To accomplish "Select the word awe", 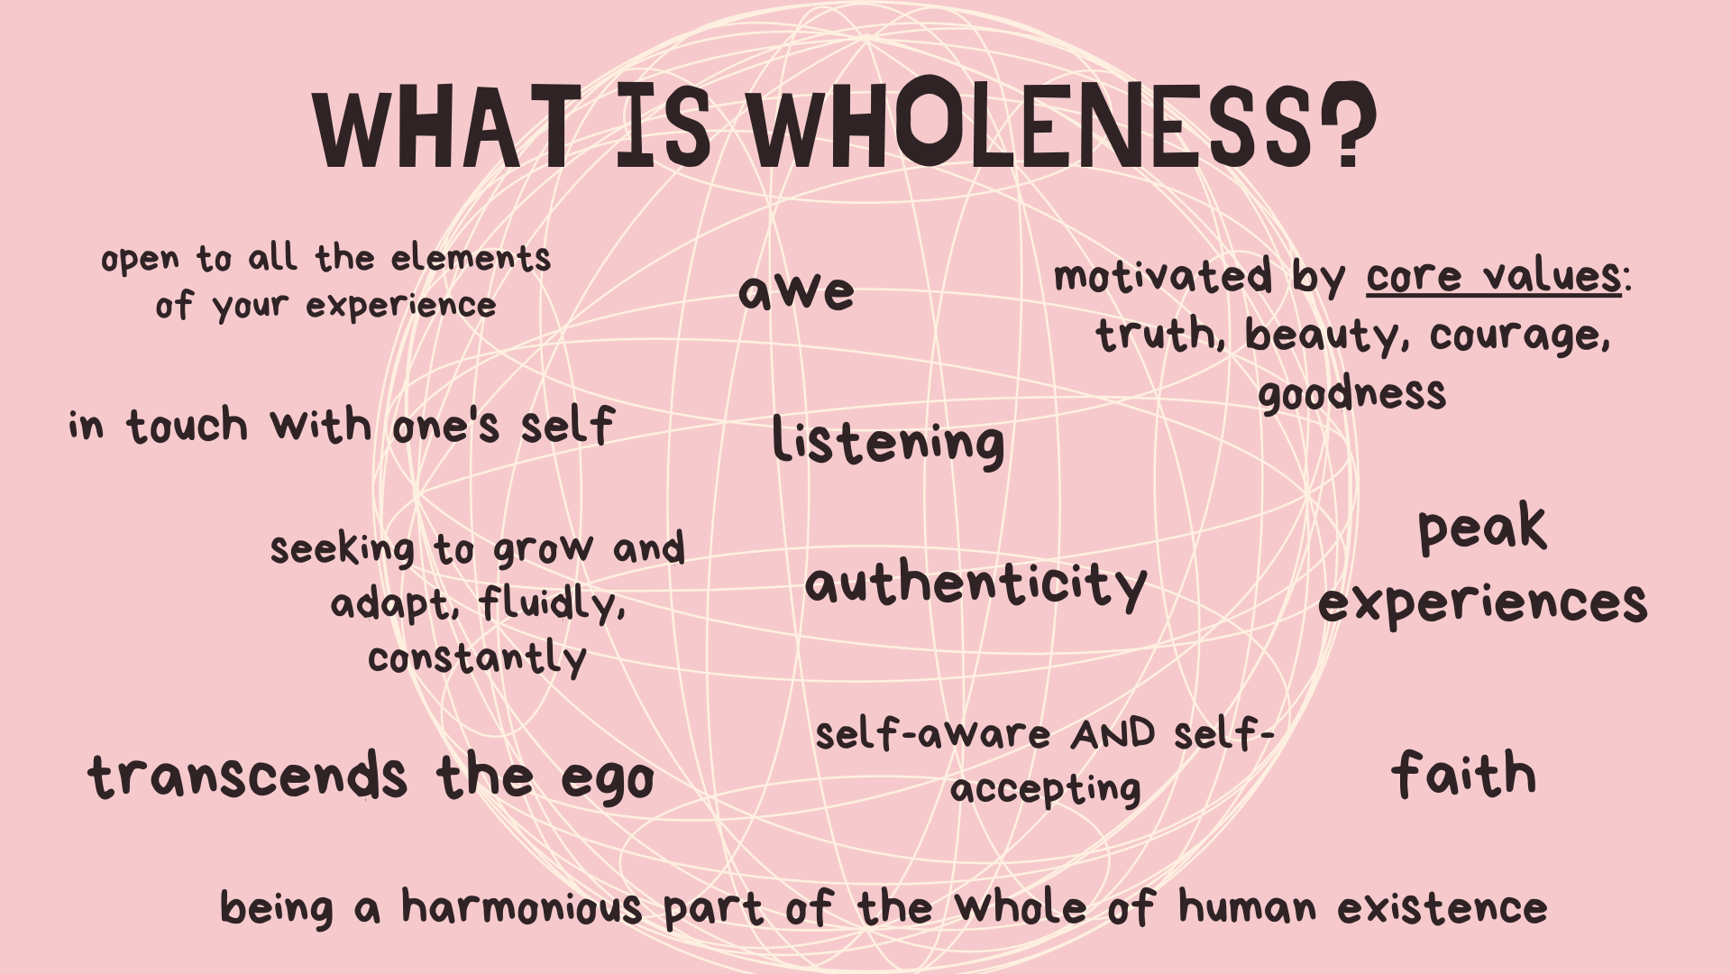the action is click(x=796, y=291).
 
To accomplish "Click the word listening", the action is click(x=888, y=442).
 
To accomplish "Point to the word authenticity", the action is click(x=976, y=584).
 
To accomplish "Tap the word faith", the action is click(x=1464, y=774).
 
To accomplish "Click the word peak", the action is click(x=1482, y=528).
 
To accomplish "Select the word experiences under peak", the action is click(x=1482, y=602).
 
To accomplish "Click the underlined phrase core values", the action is click(x=1494, y=276).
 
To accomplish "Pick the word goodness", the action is click(x=1352, y=394).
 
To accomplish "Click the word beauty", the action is click(x=1323, y=335).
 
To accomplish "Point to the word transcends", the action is click(x=248, y=776).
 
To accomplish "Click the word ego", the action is click(x=608, y=779).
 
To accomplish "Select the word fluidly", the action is click(x=552, y=602).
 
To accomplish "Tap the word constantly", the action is click(x=477, y=658).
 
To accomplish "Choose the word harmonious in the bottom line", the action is click(x=521, y=906).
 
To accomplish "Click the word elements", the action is click(x=471, y=258).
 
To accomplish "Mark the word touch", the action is click(x=187, y=425).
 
